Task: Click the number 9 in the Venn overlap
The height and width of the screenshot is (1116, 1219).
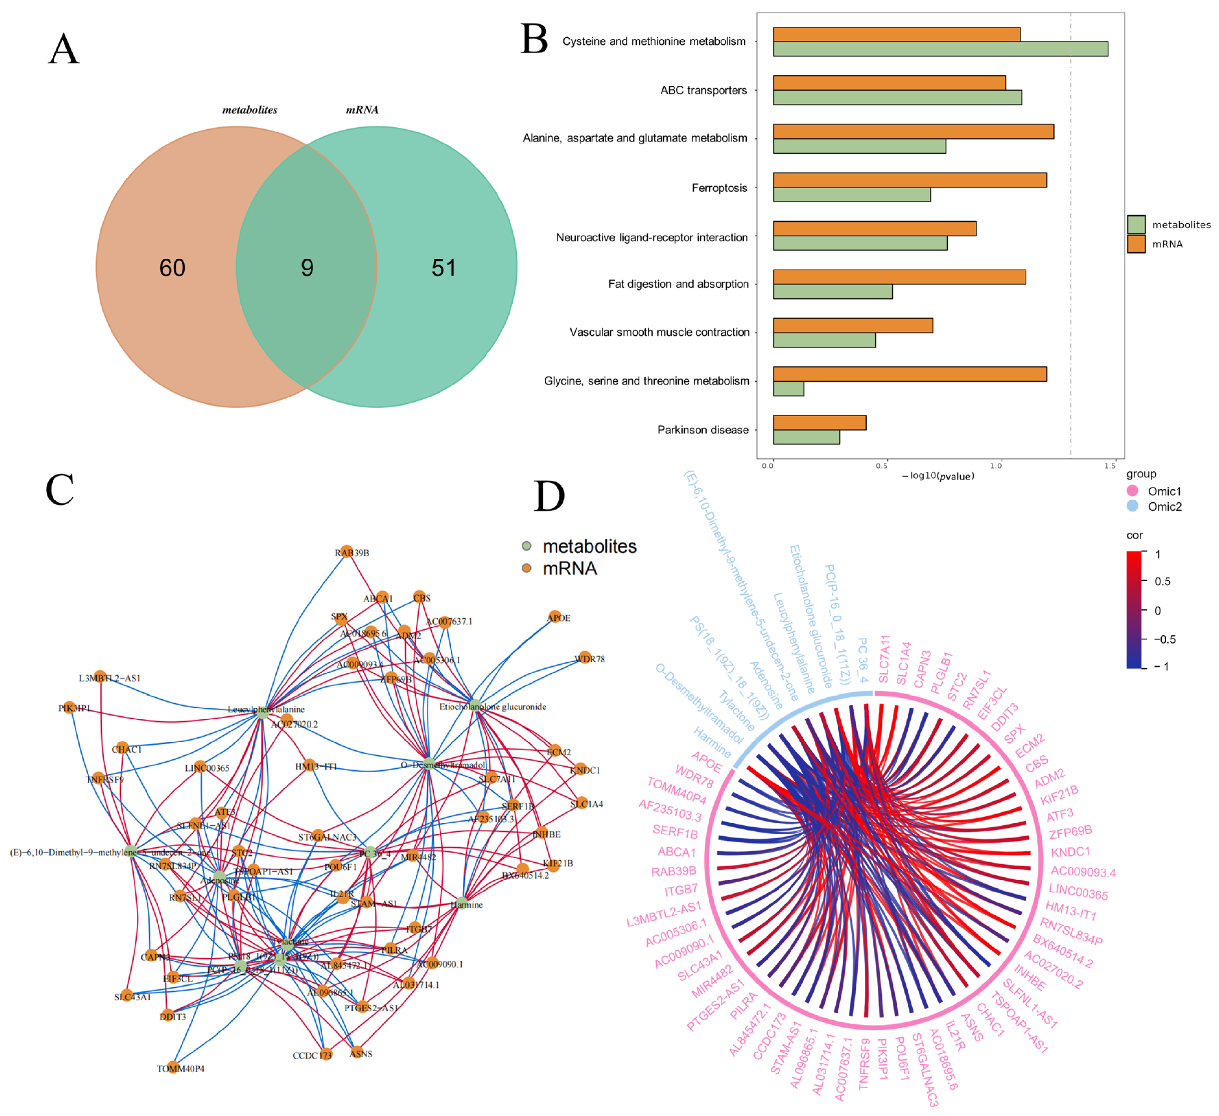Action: point(307,268)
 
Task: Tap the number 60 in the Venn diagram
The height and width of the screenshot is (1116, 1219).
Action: point(172,268)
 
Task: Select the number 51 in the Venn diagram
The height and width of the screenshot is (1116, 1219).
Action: point(444,268)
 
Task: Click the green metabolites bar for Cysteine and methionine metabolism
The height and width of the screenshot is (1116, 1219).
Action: point(940,49)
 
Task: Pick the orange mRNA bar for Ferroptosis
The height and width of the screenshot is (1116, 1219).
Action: point(909,180)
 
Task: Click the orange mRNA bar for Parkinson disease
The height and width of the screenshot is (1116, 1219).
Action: point(819,422)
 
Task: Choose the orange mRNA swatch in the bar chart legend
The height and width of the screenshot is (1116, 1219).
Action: point(1136,244)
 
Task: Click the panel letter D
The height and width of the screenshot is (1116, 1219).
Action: point(549,497)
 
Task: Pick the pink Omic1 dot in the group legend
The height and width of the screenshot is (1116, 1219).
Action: point(1132,491)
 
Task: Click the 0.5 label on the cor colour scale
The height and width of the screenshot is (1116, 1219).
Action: point(1162,581)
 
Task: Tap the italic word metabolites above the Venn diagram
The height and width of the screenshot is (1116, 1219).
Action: point(250,110)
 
